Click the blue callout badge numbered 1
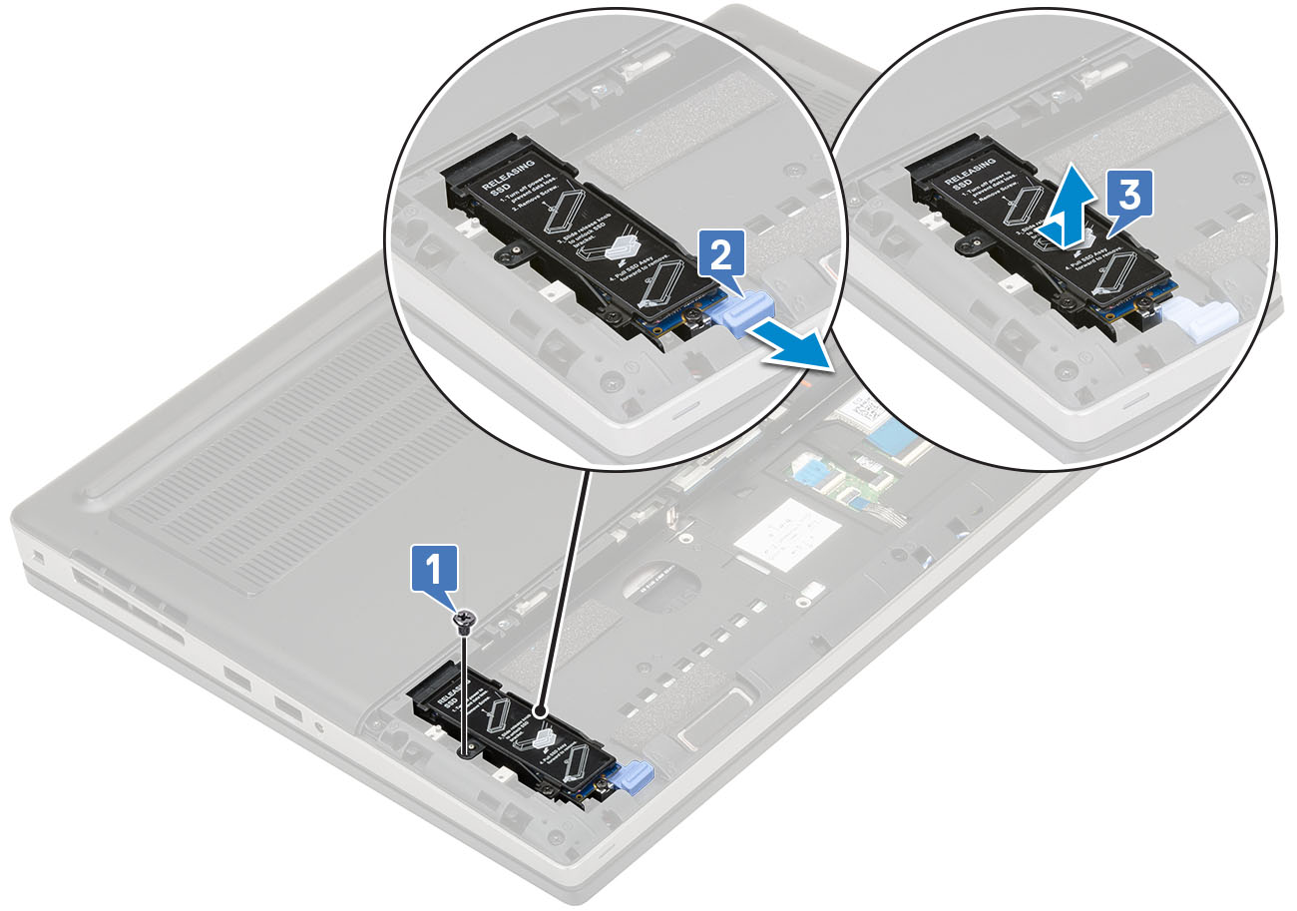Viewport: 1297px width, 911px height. pyautogui.click(x=436, y=574)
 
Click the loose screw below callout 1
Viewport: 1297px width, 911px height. pyautogui.click(x=464, y=621)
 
